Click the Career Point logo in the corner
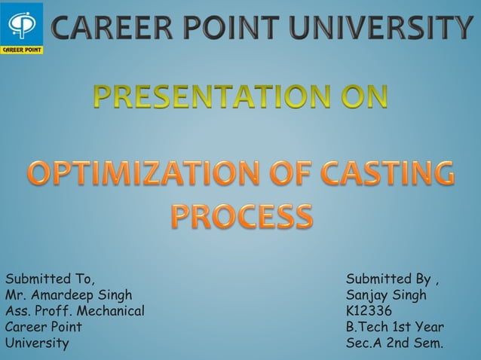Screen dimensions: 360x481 coord(22,27)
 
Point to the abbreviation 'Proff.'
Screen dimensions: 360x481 coord(54,310)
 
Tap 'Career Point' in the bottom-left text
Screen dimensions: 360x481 coord(44,327)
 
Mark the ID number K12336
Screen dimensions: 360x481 coord(369,310)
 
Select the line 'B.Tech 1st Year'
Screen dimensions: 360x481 coord(394,327)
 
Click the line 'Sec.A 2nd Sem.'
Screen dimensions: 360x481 coord(394,343)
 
